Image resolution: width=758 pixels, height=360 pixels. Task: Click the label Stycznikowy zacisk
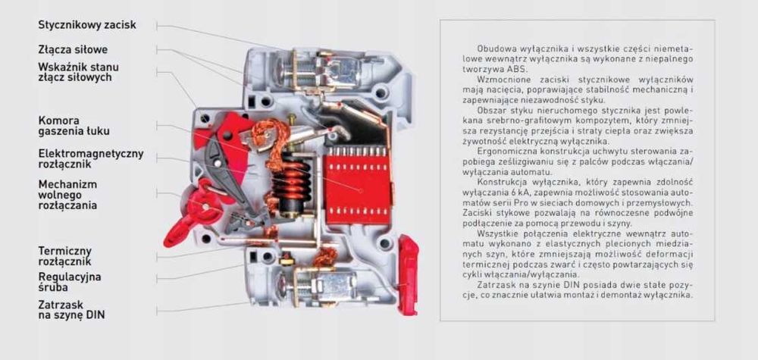coord(87,25)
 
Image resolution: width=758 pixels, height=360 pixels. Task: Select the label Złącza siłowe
coord(73,50)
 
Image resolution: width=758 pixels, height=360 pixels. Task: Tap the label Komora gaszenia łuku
coord(74,126)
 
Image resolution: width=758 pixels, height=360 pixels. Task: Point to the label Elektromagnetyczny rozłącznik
coord(91,159)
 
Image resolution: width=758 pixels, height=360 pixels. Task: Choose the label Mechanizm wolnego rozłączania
coord(67,195)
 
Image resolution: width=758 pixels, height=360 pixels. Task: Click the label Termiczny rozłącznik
coord(64,257)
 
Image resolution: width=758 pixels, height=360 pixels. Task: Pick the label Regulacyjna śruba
coord(70,282)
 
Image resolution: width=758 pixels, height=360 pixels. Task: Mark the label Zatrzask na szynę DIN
coord(71,310)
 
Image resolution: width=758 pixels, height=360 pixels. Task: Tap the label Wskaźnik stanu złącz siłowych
coord(78,72)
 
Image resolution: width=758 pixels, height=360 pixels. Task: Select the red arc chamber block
coord(357,185)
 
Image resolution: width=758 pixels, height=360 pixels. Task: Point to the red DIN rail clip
coord(408,274)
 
